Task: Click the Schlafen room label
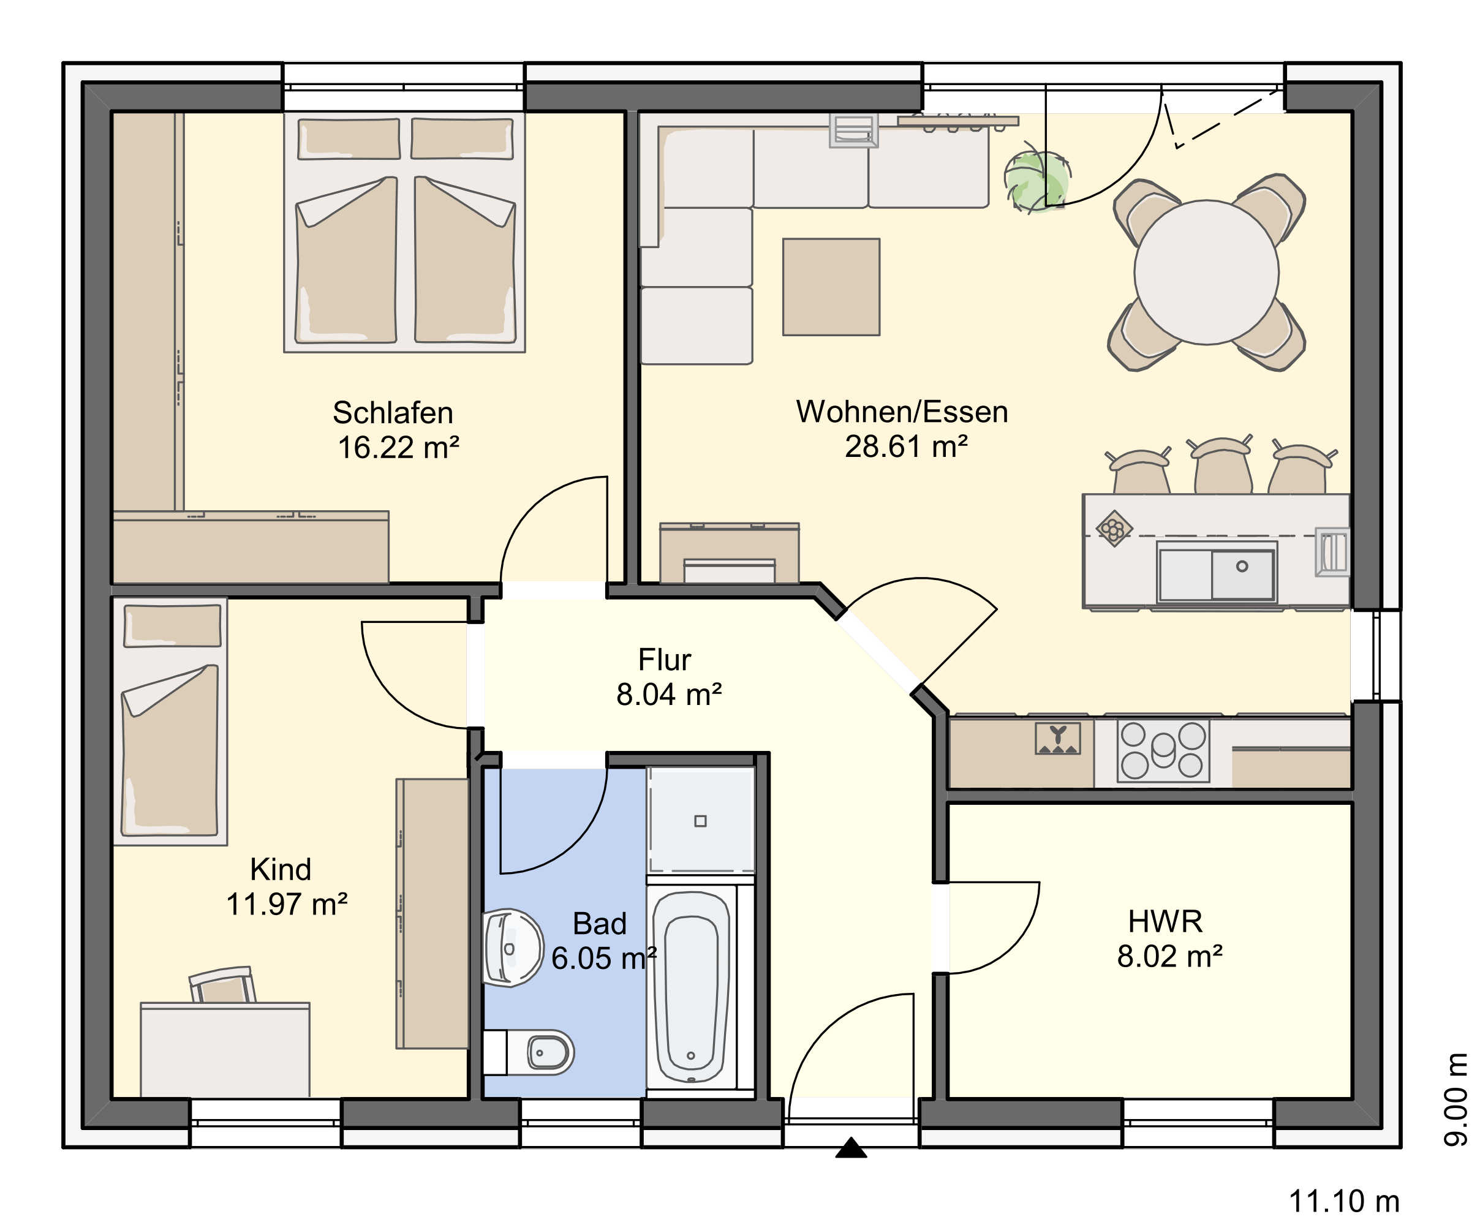393,413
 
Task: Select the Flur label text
664,660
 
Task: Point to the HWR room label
1165,921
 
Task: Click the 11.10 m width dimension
1344,1202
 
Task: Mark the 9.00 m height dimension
1456,1099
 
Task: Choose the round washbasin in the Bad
513,948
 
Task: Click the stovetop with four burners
1163,751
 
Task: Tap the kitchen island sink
1217,574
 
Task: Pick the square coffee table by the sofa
831,287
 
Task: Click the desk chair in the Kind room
222,985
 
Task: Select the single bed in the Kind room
170,721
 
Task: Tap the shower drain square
700,820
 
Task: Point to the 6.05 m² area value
604,959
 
